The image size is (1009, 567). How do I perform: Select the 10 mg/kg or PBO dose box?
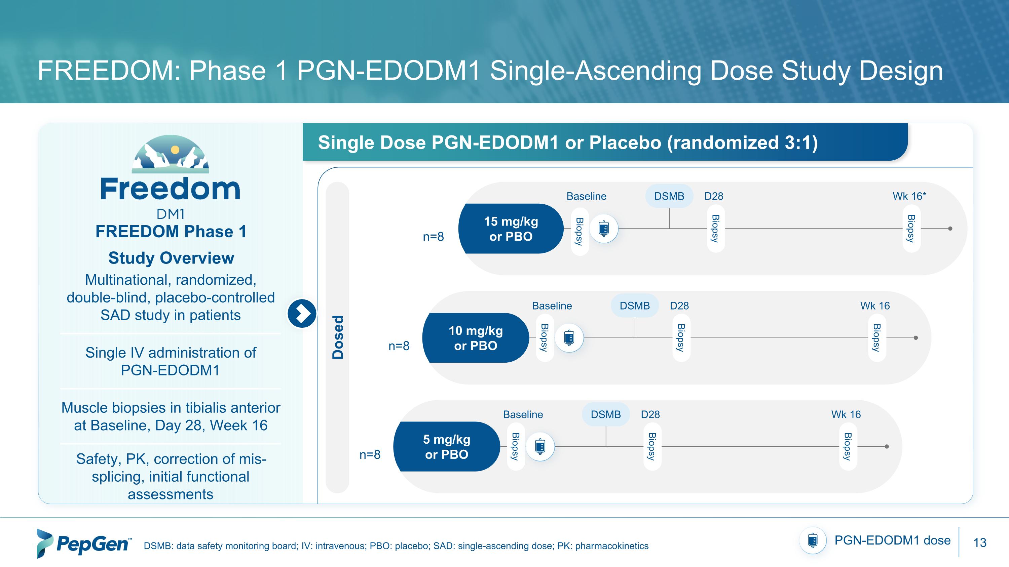click(476, 338)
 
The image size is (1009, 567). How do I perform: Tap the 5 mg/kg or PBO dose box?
click(447, 446)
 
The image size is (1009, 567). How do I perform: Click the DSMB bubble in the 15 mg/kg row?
click(669, 196)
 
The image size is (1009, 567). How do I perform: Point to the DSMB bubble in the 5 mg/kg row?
click(605, 414)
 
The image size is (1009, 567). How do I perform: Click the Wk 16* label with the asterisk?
click(909, 196)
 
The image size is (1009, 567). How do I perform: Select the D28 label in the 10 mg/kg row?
click(679, 306)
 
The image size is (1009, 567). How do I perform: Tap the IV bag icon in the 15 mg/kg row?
click(604, 229)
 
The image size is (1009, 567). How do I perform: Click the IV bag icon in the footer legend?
click(813, 540)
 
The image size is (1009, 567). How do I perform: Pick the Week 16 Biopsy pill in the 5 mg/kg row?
click(848, 446)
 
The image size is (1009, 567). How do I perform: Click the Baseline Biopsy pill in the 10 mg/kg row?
click(545, 338)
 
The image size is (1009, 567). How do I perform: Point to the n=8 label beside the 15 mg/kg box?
click(433, 237)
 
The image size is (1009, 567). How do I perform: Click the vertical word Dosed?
click(338, 337)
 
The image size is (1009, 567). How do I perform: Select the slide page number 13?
click(980, 543)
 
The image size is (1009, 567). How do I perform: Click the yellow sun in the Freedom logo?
click(175, 150)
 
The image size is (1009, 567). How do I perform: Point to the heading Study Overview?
click(171, 258)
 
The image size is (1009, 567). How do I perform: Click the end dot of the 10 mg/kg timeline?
click(916, 338)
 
